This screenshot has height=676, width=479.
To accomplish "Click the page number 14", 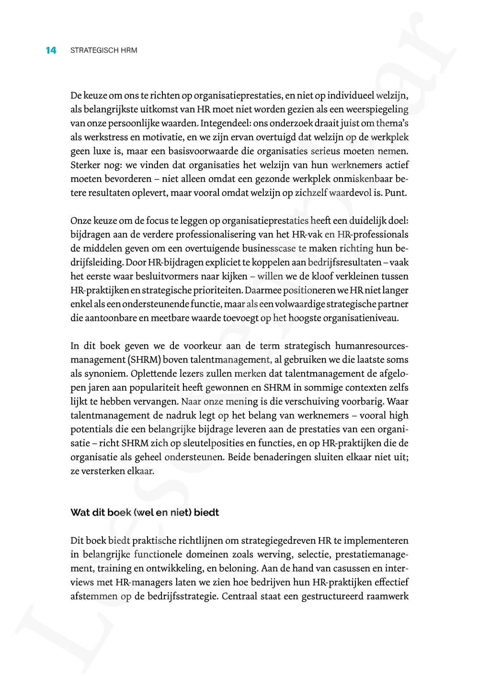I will point(51,50).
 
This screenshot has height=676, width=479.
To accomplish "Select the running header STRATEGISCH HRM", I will point(103,50).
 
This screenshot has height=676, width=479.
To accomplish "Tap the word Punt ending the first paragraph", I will point(397,193).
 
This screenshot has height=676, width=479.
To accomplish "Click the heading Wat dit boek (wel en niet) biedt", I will point(145,513).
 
